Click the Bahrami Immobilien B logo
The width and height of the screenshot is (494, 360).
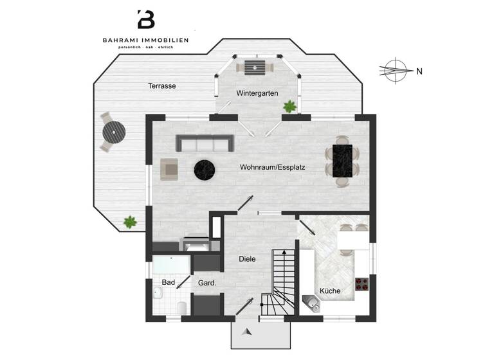[146, 20]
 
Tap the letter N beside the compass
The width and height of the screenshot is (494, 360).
[419, 71]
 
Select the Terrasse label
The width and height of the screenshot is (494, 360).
[161, 85]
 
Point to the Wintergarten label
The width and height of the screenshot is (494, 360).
[257, 93]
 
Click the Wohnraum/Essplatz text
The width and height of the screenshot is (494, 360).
[272, 167]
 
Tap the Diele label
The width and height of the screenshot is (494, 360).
[247, 259]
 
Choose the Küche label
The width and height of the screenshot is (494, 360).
[329, 291]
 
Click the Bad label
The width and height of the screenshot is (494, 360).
[169, 282]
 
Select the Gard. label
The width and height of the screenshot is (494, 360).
[206, 282]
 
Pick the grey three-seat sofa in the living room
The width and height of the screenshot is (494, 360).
[205, 143]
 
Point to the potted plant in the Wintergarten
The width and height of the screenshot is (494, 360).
[290, 106]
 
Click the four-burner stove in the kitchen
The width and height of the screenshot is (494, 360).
[361, 285]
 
